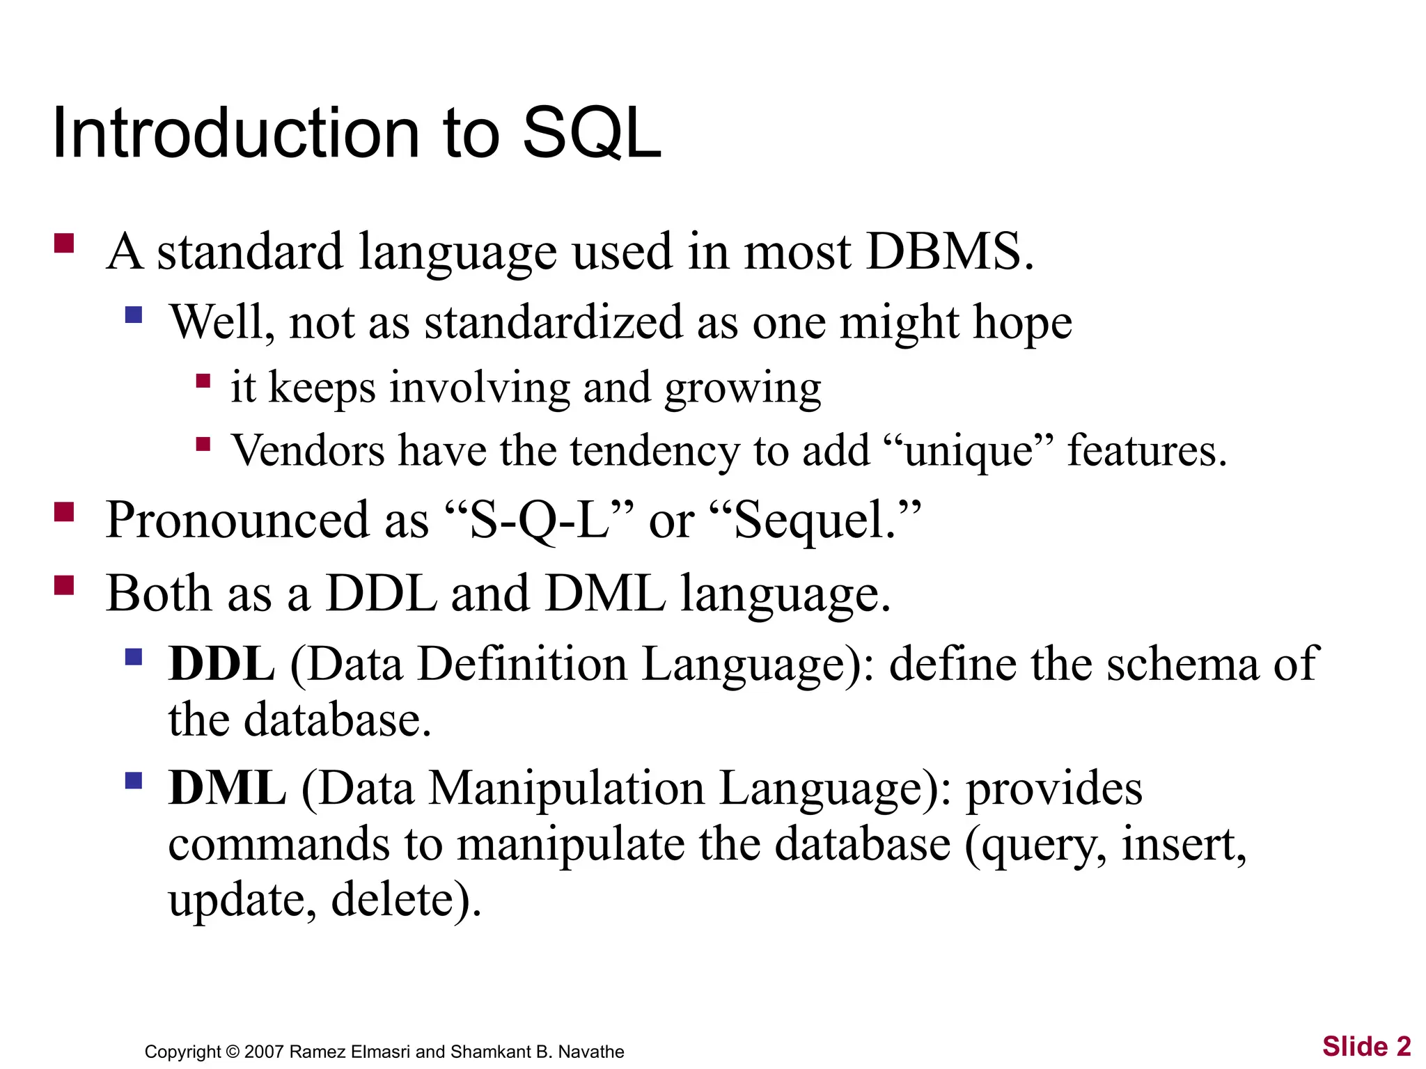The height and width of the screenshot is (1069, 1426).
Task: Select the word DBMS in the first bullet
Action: (x=943, y=251)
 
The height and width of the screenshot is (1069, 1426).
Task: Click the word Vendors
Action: (x=308, y=450)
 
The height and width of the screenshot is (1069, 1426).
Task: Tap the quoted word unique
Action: (x=969, y=452)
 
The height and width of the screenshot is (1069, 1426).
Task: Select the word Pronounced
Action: (x=237, y=520)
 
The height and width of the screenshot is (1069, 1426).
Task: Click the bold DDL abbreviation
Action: (x=221, y=663)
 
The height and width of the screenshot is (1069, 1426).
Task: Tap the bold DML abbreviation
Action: (x=227, y=789)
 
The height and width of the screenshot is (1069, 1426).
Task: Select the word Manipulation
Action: (x=566, y=789)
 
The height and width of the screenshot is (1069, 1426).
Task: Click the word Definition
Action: (x=522, y=663)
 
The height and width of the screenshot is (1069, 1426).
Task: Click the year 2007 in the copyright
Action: (x=264, y=1052)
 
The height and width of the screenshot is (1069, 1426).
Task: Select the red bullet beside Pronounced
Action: (x=64, y=512)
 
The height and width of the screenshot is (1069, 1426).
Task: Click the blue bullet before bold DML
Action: (x=134, y=780)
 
